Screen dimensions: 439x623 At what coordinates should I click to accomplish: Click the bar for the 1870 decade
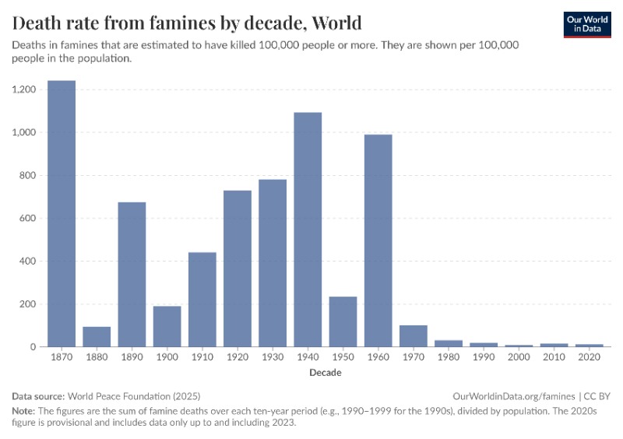(x=62, y=213)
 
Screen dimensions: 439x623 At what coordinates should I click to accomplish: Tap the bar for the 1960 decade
(x=378, y=241)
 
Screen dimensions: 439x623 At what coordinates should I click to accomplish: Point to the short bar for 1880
(x=97, y=336)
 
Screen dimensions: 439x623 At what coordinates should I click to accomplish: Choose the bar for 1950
(x=343, y=321)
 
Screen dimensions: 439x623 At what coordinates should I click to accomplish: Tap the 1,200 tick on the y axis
(x=25, y=90)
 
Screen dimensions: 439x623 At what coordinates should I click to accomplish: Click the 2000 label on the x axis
(x=519, y=359)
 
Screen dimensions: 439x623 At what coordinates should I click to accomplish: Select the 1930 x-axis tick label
(x=273, y=359)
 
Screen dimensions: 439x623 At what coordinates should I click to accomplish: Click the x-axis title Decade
(x=325, y=373)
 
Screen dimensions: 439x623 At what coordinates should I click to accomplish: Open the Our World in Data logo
(x=586, y=24)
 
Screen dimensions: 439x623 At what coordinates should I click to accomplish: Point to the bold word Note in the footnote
(x=24, y=410)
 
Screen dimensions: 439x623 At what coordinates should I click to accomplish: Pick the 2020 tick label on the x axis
(x=589, y=359)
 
